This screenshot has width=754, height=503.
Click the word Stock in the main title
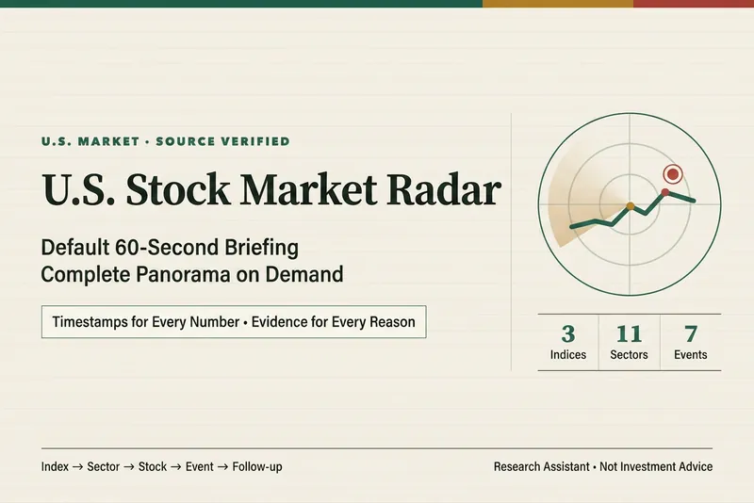(x=178, y=189)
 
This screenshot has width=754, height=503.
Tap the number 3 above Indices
(x=568, y=333)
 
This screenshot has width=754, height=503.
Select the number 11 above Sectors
(x=629, y=333)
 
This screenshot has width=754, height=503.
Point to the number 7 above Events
(x=691, y=333)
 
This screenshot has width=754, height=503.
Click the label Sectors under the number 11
(x=629, y=354)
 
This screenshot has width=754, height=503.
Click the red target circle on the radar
(x=673, y=173)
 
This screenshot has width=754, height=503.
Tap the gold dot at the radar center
(x=630, y=206)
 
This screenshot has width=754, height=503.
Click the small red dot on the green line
(x=665, y=193)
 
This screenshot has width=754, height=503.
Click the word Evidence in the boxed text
(x=279, y=322)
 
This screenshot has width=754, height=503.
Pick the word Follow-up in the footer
(x=257, y=466)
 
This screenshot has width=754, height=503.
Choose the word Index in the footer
(x=55, y=466)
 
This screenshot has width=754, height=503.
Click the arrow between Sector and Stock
(x=129, y=467)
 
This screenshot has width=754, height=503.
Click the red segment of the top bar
(x=694, y=4)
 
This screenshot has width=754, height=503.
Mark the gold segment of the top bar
(x=558, y=4)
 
